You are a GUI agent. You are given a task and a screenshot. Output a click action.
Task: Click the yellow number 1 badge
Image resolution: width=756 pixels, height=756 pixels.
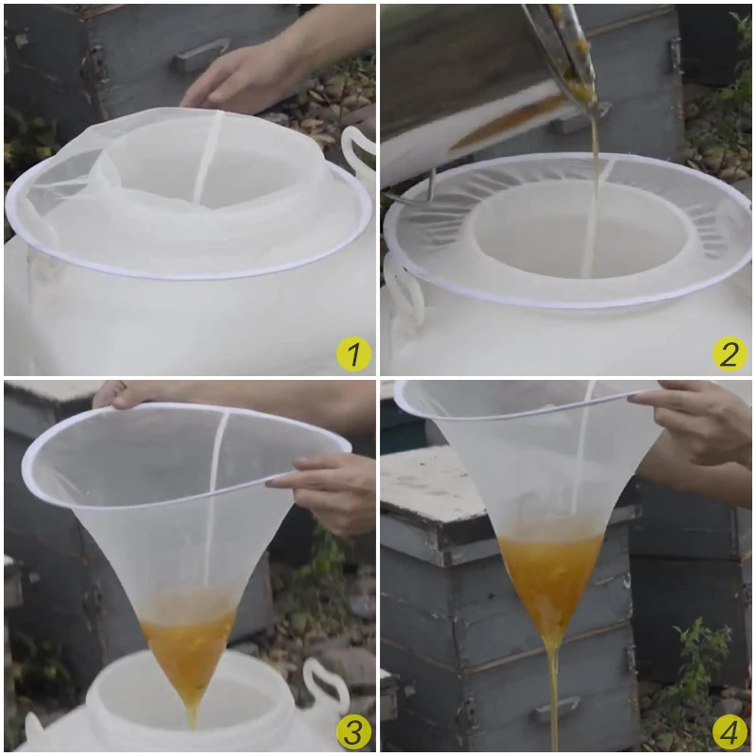pyautogui.click(x=353, y=353)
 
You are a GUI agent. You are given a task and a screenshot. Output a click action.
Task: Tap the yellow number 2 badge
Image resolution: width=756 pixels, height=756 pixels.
pyautogui.click(x=730, y=353)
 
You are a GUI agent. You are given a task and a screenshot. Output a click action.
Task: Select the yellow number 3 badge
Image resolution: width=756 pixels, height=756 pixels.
pyautogui.click(x=353, y=730)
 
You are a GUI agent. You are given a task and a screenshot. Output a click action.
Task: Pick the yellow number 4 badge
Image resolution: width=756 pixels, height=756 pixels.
pyautogui.click(x=730, y=730)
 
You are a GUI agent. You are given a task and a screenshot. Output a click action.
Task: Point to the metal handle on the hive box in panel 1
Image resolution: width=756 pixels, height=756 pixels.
pyautogui.click(x=201, y=55)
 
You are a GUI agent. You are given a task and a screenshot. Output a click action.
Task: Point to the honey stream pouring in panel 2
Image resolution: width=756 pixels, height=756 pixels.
pyautogui.click(x=593, y=193)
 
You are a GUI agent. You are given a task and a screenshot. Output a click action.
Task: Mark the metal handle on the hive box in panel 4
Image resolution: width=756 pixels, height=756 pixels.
pyautogui.click(x=556, y=709)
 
